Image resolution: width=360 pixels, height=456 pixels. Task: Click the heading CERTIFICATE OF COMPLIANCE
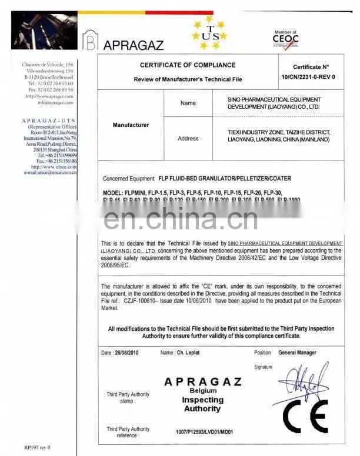click(188, 65)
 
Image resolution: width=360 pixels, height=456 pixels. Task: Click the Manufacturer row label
click(131, 125)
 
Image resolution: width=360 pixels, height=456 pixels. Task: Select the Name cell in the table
click(188, 103)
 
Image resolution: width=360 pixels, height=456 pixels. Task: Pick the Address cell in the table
click(188, 139)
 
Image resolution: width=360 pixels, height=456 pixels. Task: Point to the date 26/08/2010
click(128, 353)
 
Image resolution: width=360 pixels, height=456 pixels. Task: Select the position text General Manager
click(297, 353)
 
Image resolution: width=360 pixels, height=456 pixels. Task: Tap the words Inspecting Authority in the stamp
click(203, 404)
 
